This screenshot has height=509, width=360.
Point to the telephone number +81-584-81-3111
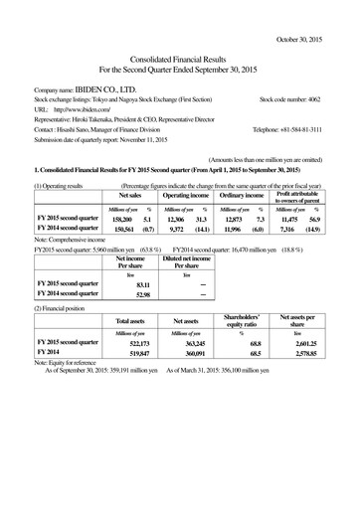[x=308, y=129]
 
